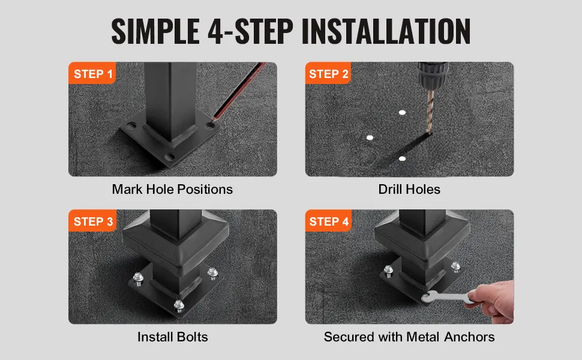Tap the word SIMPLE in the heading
(155, 31)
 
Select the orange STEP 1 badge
(92, 73)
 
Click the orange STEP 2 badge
(328, 73)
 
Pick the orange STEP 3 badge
(92, 221)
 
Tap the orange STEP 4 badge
(328, 221)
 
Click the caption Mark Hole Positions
(172, 189)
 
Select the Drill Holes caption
(409, 189)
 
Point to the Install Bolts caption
(173, 337)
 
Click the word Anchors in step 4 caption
(469, 337)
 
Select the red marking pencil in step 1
(239, 91)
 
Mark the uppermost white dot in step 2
(402, 112)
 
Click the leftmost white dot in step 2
(370, 137)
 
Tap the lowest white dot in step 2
(402, 159)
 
